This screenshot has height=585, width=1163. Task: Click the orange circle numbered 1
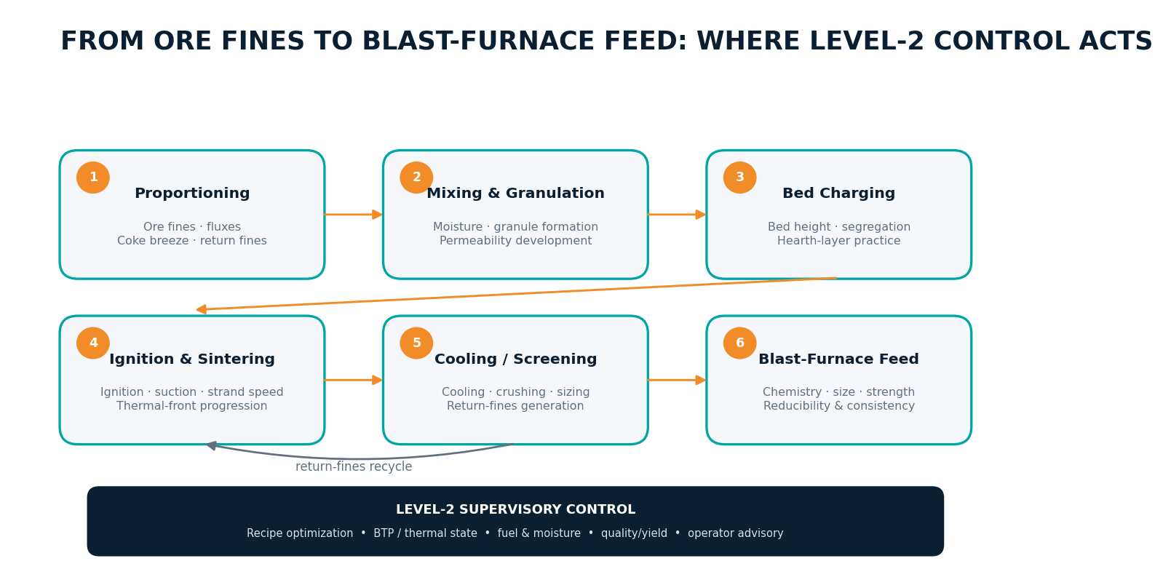93,178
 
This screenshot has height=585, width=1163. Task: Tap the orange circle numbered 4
93,343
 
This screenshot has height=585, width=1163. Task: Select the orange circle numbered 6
740,343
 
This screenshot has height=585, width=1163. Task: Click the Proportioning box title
192,194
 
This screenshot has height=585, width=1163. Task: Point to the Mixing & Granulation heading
515,194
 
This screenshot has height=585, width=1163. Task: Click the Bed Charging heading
839,194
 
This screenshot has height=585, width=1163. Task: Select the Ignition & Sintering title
192,359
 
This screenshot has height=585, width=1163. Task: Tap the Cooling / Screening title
515,359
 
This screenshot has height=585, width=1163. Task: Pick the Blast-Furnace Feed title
839,359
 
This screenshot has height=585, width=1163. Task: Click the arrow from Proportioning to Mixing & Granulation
354,215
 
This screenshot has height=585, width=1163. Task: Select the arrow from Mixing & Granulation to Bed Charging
677,215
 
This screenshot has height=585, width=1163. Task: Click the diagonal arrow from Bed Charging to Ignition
517,294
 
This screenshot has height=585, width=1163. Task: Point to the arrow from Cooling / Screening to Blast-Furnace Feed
677,380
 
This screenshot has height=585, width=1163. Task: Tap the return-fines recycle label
354,466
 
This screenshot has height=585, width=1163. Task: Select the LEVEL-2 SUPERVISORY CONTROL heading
515,510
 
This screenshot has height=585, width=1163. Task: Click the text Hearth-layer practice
839,241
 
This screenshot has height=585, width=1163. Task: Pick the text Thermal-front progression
192,406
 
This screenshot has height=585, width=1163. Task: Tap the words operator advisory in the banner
736,533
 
